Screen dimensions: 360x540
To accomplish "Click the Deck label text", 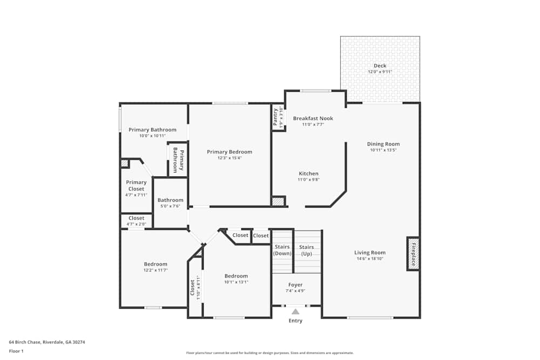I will (380, 66).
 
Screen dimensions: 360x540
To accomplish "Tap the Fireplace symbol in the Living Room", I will (413, 254).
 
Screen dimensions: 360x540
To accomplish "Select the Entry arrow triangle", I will (295, 311).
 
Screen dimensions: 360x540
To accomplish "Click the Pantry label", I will (276, 117).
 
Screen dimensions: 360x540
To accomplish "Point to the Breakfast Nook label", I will (313, 118).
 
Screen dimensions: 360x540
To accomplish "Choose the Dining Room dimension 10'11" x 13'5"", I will (383, 150).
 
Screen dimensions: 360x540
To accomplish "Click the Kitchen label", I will (309, 174).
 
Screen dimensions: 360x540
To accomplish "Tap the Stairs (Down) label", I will (282, 250).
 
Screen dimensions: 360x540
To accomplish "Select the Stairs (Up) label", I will (307, 250).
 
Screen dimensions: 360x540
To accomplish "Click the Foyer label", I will (295, 285).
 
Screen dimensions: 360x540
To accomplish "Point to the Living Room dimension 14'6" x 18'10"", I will (370, 259).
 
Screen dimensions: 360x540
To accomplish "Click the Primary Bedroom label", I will (230, 152).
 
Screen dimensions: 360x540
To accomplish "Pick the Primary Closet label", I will (137, 186).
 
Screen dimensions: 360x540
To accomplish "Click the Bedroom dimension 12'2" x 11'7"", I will (156, 270).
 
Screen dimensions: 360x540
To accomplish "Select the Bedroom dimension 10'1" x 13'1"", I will (237, 282).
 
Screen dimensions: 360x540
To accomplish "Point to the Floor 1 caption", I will (16, 351).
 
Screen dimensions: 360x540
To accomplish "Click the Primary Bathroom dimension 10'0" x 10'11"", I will (152, 136).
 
